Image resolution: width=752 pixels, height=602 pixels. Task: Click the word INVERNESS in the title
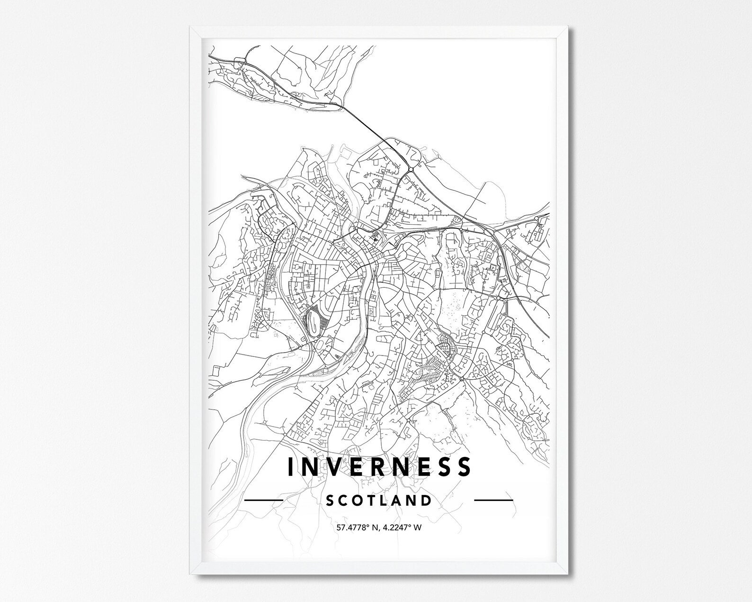(379, 466)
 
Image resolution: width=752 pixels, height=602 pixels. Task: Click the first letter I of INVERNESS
(290, 466)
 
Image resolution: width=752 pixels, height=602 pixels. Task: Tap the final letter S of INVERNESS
(465, 466)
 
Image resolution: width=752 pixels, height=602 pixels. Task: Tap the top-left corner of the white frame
(190, 27)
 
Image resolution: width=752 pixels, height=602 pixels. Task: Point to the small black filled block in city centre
(376, 238)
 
